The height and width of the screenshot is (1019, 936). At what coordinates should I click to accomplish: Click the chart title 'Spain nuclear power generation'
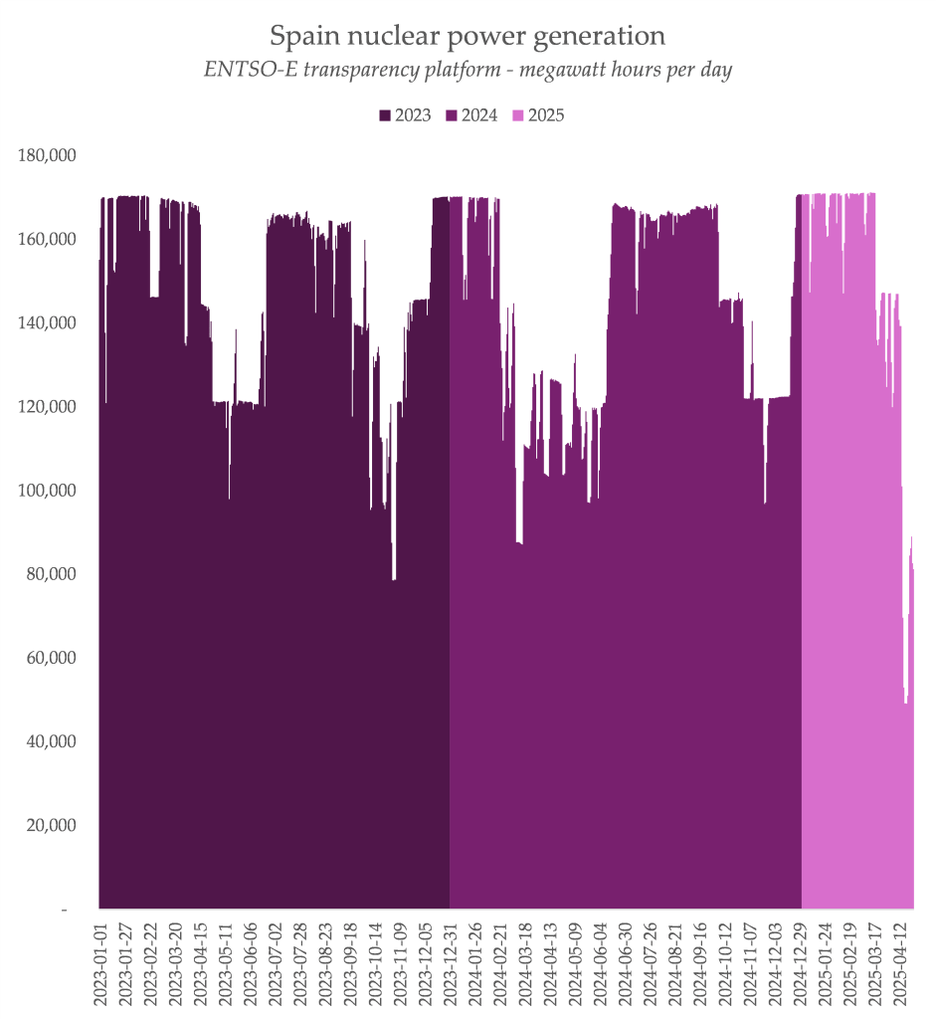pos(468,37)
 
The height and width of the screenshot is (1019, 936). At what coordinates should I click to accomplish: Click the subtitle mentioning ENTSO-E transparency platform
pos(468,72)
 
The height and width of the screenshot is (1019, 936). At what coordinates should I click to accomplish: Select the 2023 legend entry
pos(406,115)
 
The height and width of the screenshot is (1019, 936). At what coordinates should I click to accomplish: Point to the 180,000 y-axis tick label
pos(48,155)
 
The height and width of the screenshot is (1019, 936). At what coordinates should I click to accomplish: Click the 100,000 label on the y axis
pos(48,491)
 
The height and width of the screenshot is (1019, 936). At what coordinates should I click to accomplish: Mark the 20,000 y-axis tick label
pos(52,825)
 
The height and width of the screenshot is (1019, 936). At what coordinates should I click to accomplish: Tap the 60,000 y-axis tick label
pos(52,658)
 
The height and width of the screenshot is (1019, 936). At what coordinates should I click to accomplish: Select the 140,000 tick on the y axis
pos(48,323)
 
